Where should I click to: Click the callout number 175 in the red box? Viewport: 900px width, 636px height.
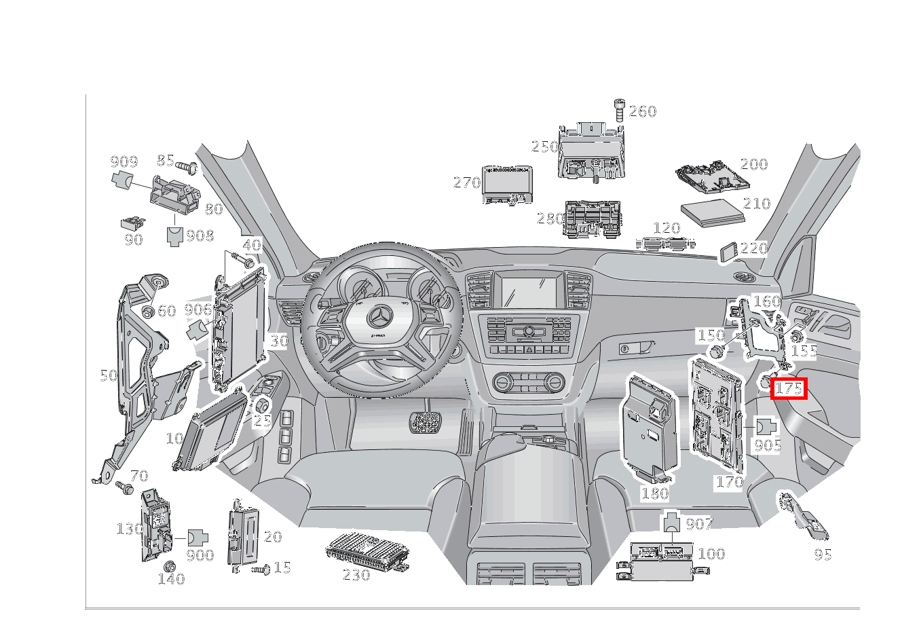pos(789,389)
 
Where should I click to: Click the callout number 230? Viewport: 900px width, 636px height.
pos(356,576)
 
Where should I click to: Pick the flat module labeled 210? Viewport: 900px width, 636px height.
pos(712,212)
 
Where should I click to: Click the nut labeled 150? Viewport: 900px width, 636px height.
pos(715,351)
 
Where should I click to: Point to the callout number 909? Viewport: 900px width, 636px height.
pos(124,162)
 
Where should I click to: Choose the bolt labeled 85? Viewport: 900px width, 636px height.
pos(187,166)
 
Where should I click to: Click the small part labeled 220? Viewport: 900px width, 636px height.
pos(729,252)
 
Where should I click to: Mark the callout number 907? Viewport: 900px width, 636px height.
pos(699,524)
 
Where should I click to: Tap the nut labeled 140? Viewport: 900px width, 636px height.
pos(170,566)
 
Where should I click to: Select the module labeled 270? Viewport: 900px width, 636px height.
pos(506,183)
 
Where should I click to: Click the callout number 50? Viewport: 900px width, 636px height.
pos(109,375)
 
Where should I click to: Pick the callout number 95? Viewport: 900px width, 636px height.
pos(823,555)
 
